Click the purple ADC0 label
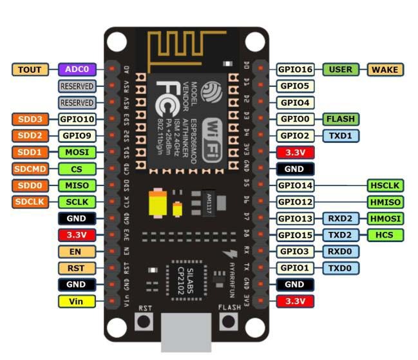tap(77, 69)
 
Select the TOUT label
tap(30, 69)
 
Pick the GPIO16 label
tap(296, 69)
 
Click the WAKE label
tap(385, 69)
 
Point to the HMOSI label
tap(385, 218)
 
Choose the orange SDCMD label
tap(30, 169)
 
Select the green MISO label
tap(77, 185)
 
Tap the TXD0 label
tap(341, 268)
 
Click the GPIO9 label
tap(77, 135)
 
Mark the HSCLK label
tap(385, 185)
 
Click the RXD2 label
tap(341, 218)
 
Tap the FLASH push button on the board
tap(229, 322)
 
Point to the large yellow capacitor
tap(158, 205)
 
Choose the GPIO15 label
tap(296, 235)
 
